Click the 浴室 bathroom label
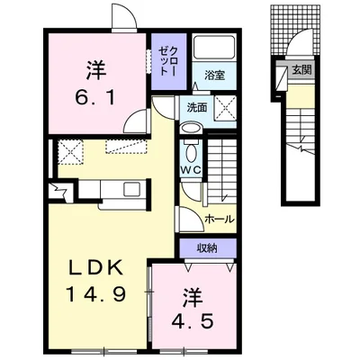pos(214,76)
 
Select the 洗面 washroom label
pos(197,107)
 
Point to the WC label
pos(191,170)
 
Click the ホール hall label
pos(219,220)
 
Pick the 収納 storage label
pos(207,247)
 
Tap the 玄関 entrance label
pos(301,71)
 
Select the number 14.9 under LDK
pos(95,294)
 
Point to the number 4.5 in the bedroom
pos(193,322)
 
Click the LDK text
pos(96,268)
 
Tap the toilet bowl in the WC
pos(190,152)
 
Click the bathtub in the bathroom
pos(214,49)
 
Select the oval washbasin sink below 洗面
pos(191,129)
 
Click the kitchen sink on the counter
pos(132,189)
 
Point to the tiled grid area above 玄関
pos(294,29)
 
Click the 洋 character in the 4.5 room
pos(192,298)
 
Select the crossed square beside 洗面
pos(226,108)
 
